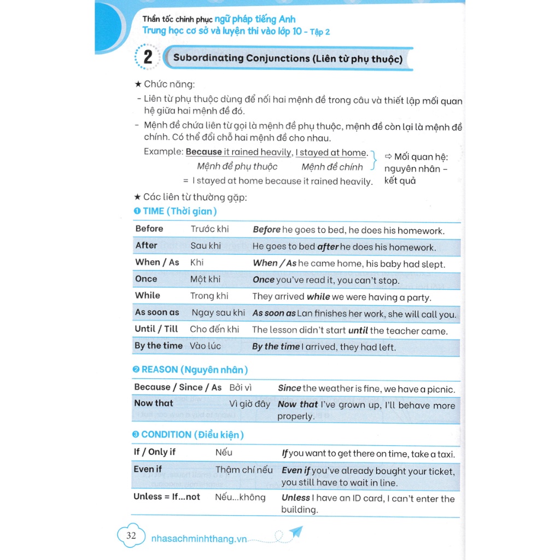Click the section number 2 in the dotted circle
click(148, 57)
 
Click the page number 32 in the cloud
click(131, 536)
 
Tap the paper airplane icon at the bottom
click(296, 532)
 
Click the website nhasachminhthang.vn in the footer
click(199, 539)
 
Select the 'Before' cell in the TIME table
click(149, 229)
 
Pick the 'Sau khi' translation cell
click(206, 246)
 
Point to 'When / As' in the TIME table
click(157, 262)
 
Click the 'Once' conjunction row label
click(146, 279)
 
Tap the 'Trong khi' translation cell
click(209, 296)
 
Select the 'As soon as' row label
click(157, 312)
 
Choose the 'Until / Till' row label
click(156, 329)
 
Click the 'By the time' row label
click(159, 346)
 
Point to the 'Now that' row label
click(154, 403)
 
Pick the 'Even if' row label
click(148, 469)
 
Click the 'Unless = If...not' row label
click(167, 497)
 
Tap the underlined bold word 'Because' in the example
click(204, 152)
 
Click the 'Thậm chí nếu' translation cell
click(244, 470)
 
